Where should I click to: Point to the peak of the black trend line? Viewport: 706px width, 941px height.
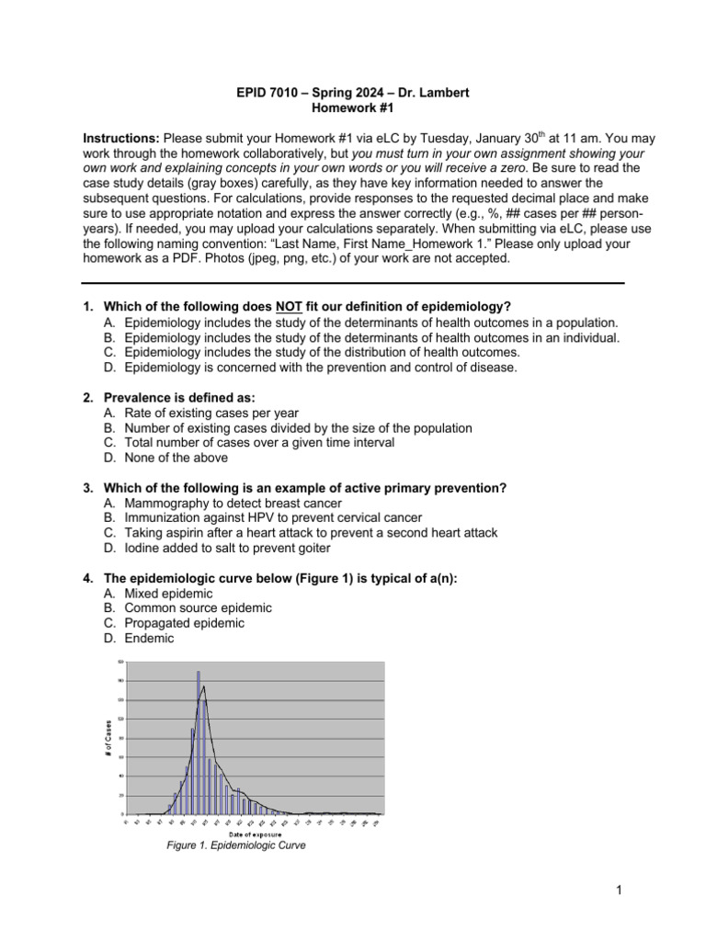point(203,686)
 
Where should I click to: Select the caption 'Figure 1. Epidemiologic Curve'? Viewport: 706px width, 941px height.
point(233,845)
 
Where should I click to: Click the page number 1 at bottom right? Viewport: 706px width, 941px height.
point(621,890)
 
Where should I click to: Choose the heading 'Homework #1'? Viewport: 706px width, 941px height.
point(353,107)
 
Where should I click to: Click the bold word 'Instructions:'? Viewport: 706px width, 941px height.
point(121,138)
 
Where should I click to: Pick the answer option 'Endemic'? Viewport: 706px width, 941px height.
point(148,637)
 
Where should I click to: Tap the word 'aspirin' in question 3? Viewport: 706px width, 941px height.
point(183,532)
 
